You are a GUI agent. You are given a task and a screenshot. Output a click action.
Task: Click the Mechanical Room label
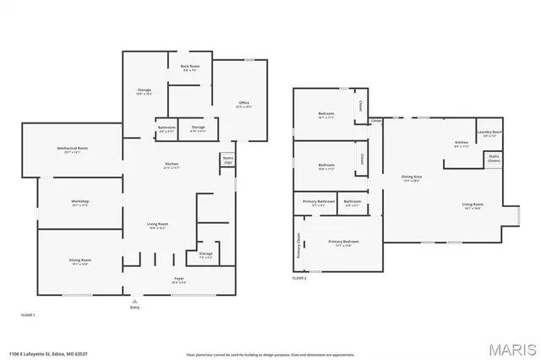pyautogui.click(x=73, y=150)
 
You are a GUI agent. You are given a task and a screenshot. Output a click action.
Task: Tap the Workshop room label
pyautogui.click(x=80, y=202)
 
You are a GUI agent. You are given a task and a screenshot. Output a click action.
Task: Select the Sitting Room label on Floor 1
pyautogui.click(x=80, y=261)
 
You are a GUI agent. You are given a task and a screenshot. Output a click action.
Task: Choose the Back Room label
pyautogui.click(x=190, y=68)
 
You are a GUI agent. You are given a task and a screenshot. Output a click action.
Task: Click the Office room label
pyautogui.click(x=243, y=106)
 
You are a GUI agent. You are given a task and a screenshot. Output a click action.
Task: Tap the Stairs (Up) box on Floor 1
pyautogui.click(x=227, y=160)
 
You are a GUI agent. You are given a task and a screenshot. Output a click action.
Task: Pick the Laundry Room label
pyautogui.click(x=489, y=133)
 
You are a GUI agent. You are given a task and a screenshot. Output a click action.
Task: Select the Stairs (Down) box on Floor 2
pyautogui.click(x=493, y=161)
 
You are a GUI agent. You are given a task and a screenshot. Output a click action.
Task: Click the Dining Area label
pyautogui.click(x=412, y=178)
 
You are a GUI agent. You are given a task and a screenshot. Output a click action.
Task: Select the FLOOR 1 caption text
pyautogui.click(x=28, y=314)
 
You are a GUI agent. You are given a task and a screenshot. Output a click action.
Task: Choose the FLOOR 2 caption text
pyautogui.click(x=299, y=278)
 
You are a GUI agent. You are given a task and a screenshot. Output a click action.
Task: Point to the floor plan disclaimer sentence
pyautogui.click(x=270, y=353)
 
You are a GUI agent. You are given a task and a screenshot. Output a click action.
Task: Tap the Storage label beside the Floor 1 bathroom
pyautogui.click(x=198, y=129)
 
